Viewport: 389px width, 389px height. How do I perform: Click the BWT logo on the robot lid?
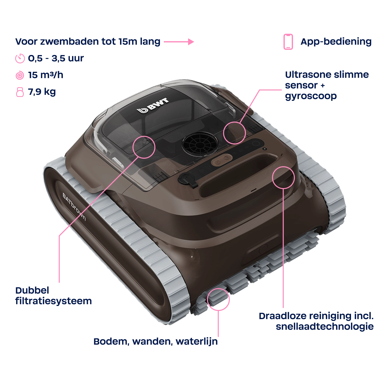153,105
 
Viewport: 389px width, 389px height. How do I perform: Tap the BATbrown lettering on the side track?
74,207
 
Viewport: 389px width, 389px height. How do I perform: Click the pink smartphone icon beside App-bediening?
288,42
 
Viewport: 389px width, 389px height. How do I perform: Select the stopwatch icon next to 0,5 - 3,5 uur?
20,59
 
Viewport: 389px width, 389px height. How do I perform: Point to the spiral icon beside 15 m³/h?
20,75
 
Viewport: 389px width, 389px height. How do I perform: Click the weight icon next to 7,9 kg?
20,92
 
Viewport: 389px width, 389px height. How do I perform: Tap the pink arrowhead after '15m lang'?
191,42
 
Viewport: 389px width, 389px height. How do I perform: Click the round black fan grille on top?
199,144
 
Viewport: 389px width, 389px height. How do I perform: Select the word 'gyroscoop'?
311,96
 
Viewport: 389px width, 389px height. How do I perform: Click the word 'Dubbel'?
32,291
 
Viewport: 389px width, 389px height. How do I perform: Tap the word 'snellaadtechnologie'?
325,326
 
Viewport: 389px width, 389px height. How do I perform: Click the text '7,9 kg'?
42,92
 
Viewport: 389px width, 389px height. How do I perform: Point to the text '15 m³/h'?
46,75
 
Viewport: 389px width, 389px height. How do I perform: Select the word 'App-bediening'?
336,42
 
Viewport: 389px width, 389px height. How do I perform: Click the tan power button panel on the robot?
221,157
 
